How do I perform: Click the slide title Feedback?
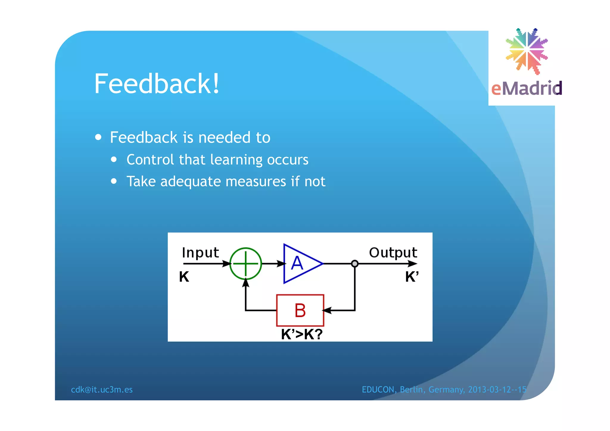tap(157, 84)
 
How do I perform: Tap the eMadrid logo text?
tap(526, 88)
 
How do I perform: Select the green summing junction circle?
tap(245, 264)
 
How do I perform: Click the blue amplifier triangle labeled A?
tap(299, 264)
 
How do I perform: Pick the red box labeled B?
tap(300, 310)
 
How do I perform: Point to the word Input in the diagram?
tap(200, 253)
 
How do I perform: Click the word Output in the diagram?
tap(393, 253)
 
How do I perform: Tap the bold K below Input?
tap(184, 277)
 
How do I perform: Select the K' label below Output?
tap(412, 277)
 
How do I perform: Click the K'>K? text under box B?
tap(301, 334)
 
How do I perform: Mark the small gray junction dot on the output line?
tap(354, 264)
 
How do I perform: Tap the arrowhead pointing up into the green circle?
tap(245, 283)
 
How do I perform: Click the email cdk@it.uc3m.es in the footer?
tap(102, 390)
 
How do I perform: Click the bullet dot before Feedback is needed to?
tap(98, 137)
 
